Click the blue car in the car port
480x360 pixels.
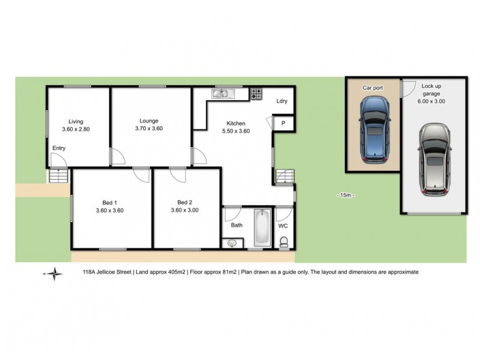tap(373, 130)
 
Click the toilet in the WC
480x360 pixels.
tap(284, 241)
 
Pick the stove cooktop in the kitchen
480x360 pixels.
tap(256, 94)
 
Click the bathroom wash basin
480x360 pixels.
tap(232, 243)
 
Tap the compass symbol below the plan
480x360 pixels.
tap(55, 273)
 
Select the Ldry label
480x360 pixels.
tap(282, 101)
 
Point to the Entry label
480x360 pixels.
tap(59, 148)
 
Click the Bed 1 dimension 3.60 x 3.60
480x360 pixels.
tap(109, 211)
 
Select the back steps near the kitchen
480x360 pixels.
tap(284, 177)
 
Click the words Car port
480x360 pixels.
tap(372, 87)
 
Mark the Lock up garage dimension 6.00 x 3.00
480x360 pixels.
tap(431, 102)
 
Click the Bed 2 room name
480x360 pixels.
tap(184, 202)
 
